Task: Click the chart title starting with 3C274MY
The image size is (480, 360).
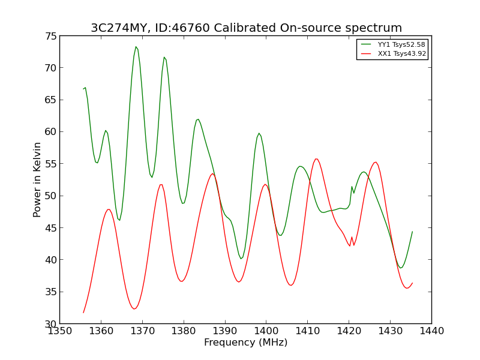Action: (246, 28)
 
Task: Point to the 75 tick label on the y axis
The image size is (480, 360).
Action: (51, 36)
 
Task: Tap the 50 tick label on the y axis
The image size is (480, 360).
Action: (51, 196)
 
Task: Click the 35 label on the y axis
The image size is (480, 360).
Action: (51, 292)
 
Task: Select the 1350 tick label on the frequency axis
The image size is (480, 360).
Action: (59, 331)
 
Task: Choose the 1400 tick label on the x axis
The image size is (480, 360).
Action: (266, 331)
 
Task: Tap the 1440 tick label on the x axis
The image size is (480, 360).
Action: (431, 331)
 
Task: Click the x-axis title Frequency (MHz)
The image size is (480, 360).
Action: (246, 342)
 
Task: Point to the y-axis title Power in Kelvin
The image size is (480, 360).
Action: (37, 179)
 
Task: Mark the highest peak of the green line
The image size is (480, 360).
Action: (136, 47)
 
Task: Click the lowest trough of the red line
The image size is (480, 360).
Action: (134, 309)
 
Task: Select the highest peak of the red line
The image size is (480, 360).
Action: (316, 159)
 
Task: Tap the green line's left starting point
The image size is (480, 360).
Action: (83, 89)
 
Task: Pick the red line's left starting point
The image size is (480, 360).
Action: (83, 313)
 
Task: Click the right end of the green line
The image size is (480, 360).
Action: (412, 232)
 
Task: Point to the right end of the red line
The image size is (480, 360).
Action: (412, 283)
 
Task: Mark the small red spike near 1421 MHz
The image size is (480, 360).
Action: (352, 237)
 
